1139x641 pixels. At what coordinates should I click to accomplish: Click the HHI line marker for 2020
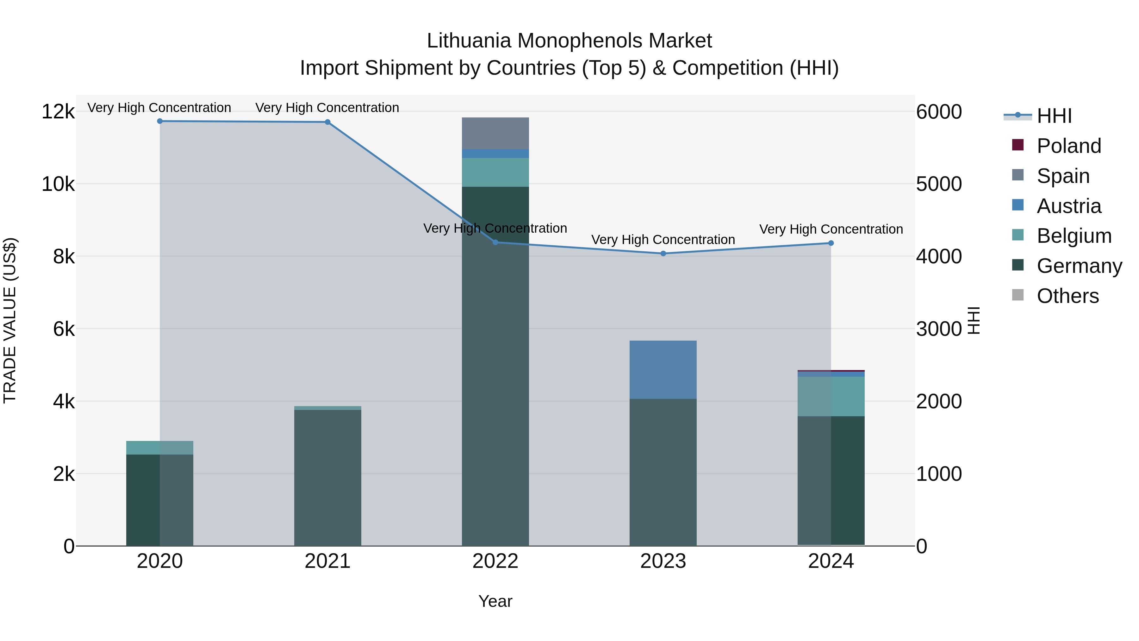coord(160,121)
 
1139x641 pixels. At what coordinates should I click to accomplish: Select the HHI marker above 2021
coord(328,122)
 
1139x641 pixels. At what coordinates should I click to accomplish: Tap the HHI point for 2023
coord(663,254)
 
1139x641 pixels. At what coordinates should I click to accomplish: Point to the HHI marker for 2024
coord(831,243)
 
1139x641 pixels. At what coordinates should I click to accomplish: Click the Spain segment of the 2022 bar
coord(495,133)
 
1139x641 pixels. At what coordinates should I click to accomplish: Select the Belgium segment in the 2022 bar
coord(495,172)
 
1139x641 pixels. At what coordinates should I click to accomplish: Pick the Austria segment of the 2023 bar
coord(663,369)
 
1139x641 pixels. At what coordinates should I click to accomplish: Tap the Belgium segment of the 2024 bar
coord(831,396)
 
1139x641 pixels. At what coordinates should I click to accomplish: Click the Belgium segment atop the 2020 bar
coord(160,448)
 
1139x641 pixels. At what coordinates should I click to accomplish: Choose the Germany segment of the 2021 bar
coord(328,478)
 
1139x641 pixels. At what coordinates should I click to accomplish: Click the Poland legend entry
coord(1069,146)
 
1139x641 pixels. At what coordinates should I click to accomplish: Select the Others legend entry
coord(1067,296)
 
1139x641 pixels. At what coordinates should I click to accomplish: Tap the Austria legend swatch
coord(1018,205)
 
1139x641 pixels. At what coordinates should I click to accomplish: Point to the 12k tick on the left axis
coord(58,111)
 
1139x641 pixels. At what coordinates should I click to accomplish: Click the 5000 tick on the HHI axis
coord(939,184)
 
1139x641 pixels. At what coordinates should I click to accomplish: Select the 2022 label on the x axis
coord(495,561)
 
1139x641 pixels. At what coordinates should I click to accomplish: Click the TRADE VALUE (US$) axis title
coord(10,320)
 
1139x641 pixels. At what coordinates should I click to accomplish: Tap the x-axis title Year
coord(495,601)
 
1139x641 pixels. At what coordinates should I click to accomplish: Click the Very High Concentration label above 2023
coord(663,240)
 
